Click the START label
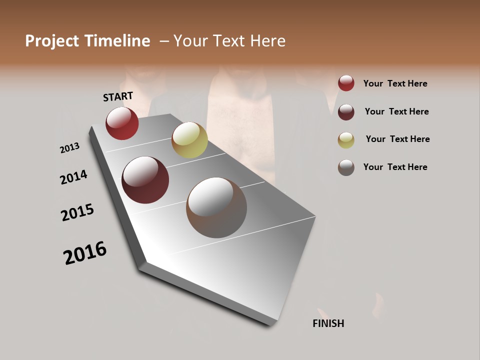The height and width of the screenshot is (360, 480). tap(118, 96)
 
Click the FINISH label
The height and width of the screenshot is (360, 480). tap(328, 323)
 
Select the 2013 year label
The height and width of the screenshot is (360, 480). tap(69, 148)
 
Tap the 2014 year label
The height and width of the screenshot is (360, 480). tap(73, 177)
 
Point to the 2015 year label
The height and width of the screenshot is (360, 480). tap(77, 212)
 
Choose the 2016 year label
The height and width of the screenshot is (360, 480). tap(85, 253)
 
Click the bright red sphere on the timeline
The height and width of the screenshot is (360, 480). tap(122, 123)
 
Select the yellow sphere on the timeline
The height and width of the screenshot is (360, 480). tap(189, 139)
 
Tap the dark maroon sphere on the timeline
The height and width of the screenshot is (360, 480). tap(145, 180)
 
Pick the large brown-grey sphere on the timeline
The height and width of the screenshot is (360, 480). tap(216, 207)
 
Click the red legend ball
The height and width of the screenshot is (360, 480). tap(346, 83)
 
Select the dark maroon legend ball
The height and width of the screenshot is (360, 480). tap(346, 112)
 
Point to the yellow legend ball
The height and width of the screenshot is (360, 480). tap(346, 140)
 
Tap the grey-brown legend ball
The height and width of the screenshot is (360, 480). tap(346, 167)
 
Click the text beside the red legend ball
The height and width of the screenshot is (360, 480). tap(395, 83)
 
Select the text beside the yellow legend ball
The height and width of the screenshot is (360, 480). tap(397, 139)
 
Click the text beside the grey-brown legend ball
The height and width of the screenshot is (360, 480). tap(395, 167)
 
